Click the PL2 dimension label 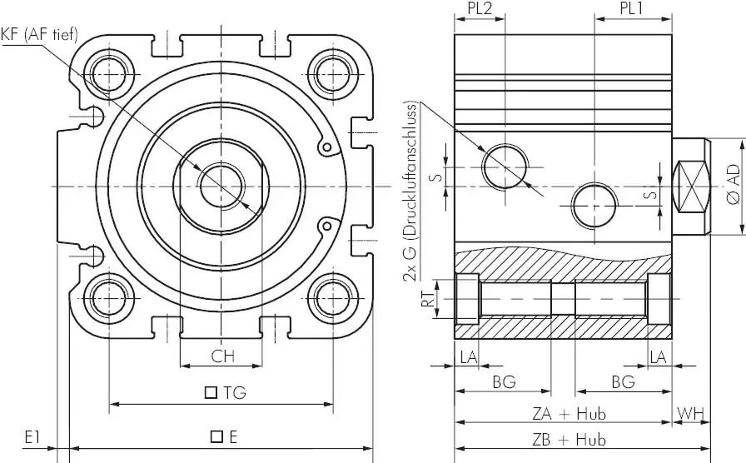tap(480, 8)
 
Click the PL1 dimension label tap(632, 8)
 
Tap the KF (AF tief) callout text tap(39, 35)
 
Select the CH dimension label tap(222, 356)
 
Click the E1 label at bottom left tap(32, 437)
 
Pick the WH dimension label tap(690, 414)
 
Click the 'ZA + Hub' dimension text tap(569, 414)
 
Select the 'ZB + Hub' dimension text tap(569, 439)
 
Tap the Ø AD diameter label tap(734, 185)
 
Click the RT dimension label tap(428, 299)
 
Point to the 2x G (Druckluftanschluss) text tap(410, 192)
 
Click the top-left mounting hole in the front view tap(110, 75)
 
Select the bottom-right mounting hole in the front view tap(333, 298)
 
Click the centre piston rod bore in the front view tap(221, 187)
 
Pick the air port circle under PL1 tap(594, 206)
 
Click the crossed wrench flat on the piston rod tap(690, 186)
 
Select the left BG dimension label tap(505, 381)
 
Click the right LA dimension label tap(658, 357)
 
